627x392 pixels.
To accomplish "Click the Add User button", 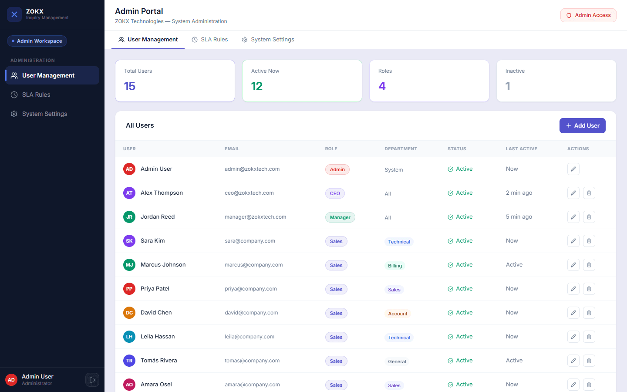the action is click(582, 125).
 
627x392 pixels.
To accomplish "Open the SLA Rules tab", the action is click(210, 40).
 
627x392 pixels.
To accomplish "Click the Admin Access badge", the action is click(588, 15).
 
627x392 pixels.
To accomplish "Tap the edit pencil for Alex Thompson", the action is click(573, 193).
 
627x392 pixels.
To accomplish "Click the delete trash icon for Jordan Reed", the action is click(589, 217).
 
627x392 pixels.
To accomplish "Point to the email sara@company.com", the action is click(250, 241).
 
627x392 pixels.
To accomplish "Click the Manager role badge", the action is click(340, 217).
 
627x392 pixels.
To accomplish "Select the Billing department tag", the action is click(395, 266).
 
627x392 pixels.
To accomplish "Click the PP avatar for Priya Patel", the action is click(129, 289).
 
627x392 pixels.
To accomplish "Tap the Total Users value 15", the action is click(130, 86).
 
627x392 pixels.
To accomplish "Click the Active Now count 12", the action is click(257, 86).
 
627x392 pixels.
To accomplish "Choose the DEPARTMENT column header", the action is click(401, 149).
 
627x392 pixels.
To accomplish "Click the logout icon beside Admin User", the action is click(92, 380).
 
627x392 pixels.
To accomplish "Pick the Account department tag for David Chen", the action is click(398, 314).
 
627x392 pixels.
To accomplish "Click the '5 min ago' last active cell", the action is click(519, 217).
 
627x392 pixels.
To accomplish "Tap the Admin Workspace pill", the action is click(37, 41).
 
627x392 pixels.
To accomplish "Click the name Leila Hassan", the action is click(158, 337).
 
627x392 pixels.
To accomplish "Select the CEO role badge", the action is click(335, 193).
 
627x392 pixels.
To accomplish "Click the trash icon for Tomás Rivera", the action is click(589, 361).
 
